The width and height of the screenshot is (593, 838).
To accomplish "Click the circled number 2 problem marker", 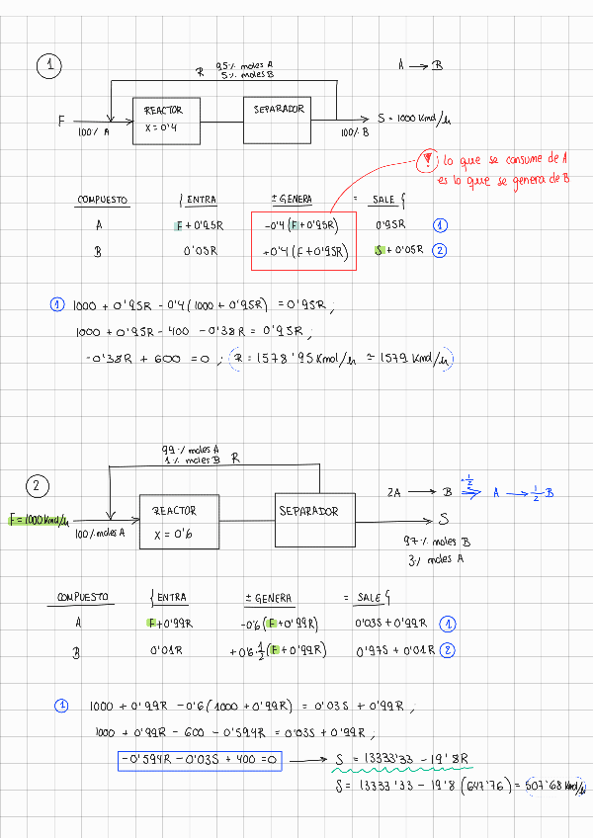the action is (x=37, y=485).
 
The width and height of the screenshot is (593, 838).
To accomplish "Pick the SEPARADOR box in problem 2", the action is (x=314, y=519).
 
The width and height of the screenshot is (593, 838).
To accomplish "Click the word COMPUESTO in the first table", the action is (x=103, y=201).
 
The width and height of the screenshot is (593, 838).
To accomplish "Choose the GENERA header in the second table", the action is (x=268, y=598).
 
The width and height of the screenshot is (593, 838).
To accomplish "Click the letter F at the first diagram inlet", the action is (x=61, y=122).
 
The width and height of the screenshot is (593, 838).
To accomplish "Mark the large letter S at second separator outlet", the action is (x=444, y=519).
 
